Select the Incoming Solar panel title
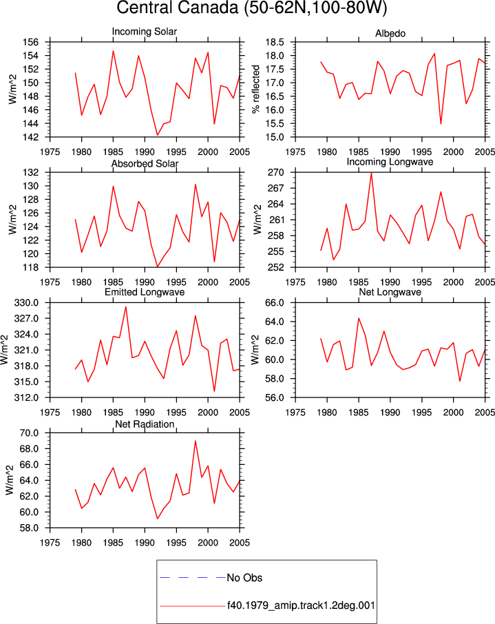tap(145, 32)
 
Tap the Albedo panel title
tap(390, 34)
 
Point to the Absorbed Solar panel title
tap(145, 163)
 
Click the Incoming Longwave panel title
tap(390, 162)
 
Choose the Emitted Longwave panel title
tap(145, 292)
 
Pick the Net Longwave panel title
tap(390, 292)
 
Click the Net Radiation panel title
tap(145, 424)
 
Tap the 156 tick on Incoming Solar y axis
tap(31, 42)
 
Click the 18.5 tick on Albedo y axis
tap(275, 42)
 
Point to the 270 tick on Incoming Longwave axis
tap(276, 172)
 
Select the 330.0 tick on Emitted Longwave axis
tap(27, 303)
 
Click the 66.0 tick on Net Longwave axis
tap(275, 303)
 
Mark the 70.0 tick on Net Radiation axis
tap(29, 433)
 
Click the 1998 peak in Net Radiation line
tap(196, 441)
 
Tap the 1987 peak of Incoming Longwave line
tap(371, 173)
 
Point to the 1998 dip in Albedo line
tap(441, 124)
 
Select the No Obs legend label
tap(244, 578)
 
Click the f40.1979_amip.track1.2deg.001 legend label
tap(301, 605)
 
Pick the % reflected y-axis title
tap(256, 89)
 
